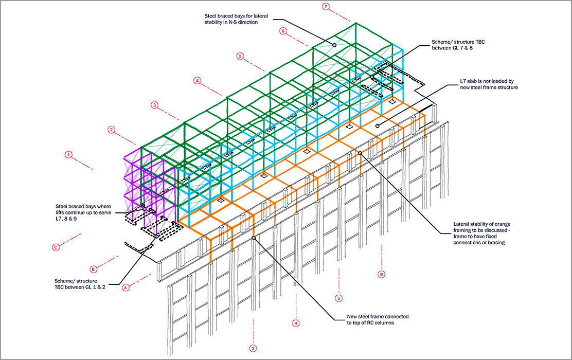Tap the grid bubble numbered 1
coord(68,154)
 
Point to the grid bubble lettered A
coord(124,289)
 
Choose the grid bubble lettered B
coord(93,268)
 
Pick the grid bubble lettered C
coord(55,247)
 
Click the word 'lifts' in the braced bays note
coord(61,212)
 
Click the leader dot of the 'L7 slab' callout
coord(377,125)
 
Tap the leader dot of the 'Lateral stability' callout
coord(360,153)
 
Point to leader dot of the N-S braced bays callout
coord(334,45)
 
